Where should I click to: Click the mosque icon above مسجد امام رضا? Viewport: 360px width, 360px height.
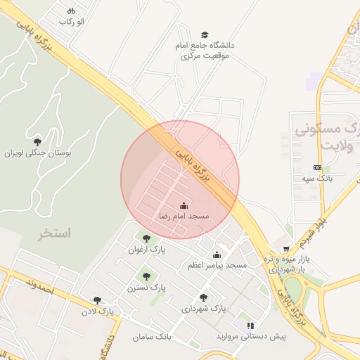pos(184,205)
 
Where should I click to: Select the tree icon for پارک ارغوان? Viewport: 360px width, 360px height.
pos(146,238)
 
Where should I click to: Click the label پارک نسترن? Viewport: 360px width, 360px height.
pos(146,288)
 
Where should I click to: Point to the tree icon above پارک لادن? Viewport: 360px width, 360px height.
pos(97,300)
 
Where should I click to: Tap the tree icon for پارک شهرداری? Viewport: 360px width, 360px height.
pos(204,297)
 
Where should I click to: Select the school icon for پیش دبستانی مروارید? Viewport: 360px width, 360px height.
pos(250,326)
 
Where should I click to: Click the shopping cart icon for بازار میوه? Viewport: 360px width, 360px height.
pos(285,249)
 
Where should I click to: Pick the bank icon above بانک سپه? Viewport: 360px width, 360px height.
pos(317,167)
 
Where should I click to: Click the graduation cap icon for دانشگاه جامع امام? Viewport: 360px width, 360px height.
pos(205,34)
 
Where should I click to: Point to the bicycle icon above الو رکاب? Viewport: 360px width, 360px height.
pos(71,11)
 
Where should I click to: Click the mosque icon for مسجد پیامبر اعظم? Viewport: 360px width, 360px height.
pos(217,255)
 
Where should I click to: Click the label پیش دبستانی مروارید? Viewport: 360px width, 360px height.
pos(259,337)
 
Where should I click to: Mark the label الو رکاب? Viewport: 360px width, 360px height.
pos(71,22)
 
